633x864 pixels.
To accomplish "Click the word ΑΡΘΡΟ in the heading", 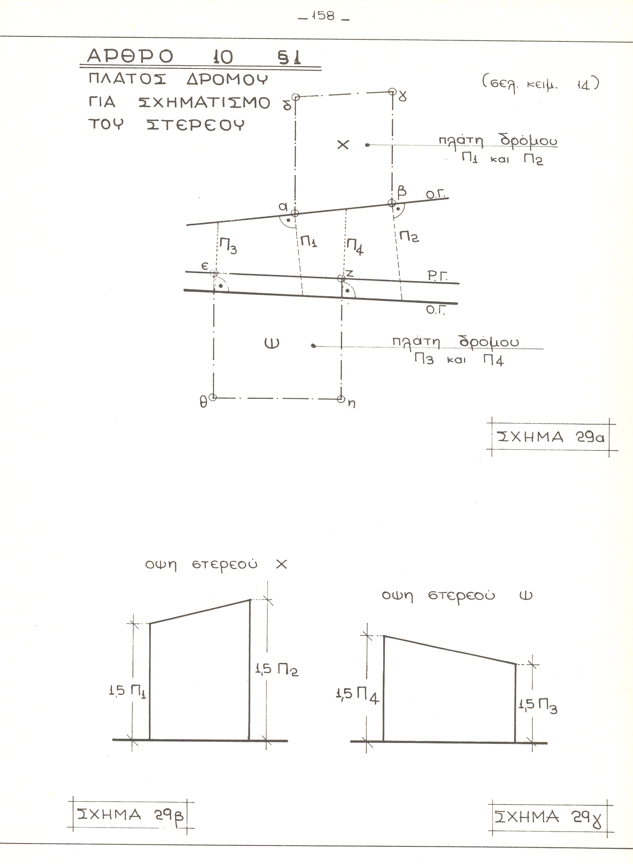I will pos(130,57).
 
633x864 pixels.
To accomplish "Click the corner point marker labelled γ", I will pos(392,91).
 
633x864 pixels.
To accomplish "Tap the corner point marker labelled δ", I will pos(296,97).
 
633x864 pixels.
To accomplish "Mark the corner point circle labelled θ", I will pos(213,397).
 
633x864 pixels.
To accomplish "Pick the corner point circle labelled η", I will pos(340,398).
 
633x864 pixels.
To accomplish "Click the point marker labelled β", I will pos(392,203).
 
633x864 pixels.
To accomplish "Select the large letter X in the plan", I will pos(343,144).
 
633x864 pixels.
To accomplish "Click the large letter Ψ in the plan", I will pos(272,343).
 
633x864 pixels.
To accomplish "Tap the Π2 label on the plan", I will pos(409,237).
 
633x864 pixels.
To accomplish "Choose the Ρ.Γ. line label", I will pos(438,277).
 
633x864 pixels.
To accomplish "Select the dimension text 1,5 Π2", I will pos(277,670).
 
